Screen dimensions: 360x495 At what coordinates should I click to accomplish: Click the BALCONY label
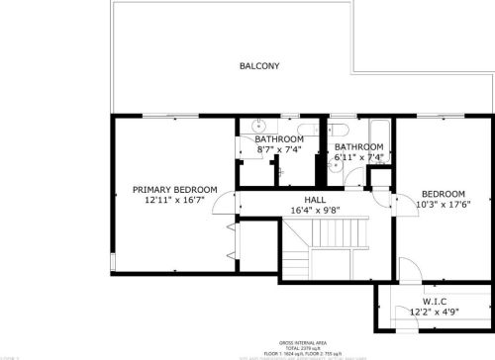pyautogui.click(x=259, y=66)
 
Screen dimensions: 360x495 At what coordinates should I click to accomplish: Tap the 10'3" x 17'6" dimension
pyautogui.click(x=443, y=205)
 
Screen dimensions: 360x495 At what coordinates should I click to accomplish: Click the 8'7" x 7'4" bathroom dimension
pyautogui.click(x=279, y=149)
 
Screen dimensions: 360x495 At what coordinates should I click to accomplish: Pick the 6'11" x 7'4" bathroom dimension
pyautogui.click(x=357, y=156)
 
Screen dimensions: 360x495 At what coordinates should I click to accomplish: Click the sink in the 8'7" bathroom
pyautogui.click(x=257, y=126)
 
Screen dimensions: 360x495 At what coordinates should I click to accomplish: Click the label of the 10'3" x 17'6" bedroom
pyautogui.click(x=443, y=194)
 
